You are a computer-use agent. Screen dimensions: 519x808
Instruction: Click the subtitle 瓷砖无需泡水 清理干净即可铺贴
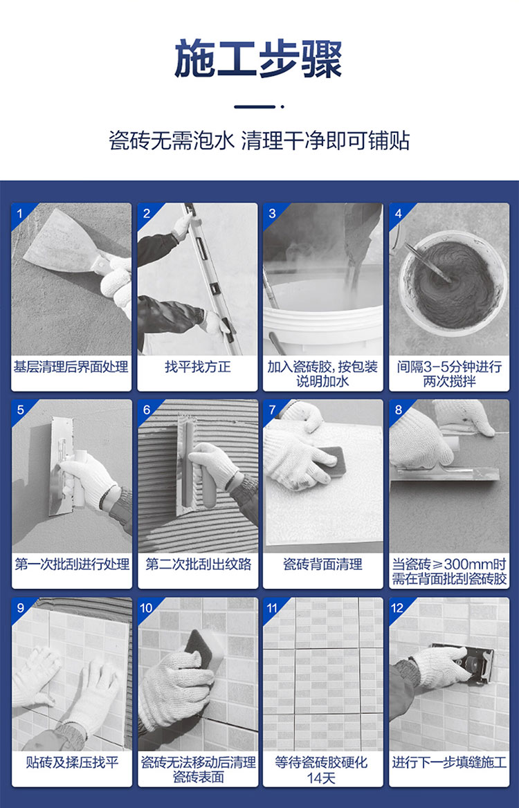point(259,140)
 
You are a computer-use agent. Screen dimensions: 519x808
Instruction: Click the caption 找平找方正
point(197,367)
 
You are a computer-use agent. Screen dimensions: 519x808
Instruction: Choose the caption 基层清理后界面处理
point(71,367)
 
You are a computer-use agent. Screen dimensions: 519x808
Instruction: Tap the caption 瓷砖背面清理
point(322,564)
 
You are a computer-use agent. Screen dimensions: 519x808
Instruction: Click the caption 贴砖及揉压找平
point(72,762)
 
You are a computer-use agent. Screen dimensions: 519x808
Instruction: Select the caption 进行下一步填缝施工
point(449,762)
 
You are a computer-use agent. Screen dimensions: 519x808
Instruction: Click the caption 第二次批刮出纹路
point(198,564)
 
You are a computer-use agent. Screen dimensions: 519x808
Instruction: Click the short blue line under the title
point(255,107)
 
